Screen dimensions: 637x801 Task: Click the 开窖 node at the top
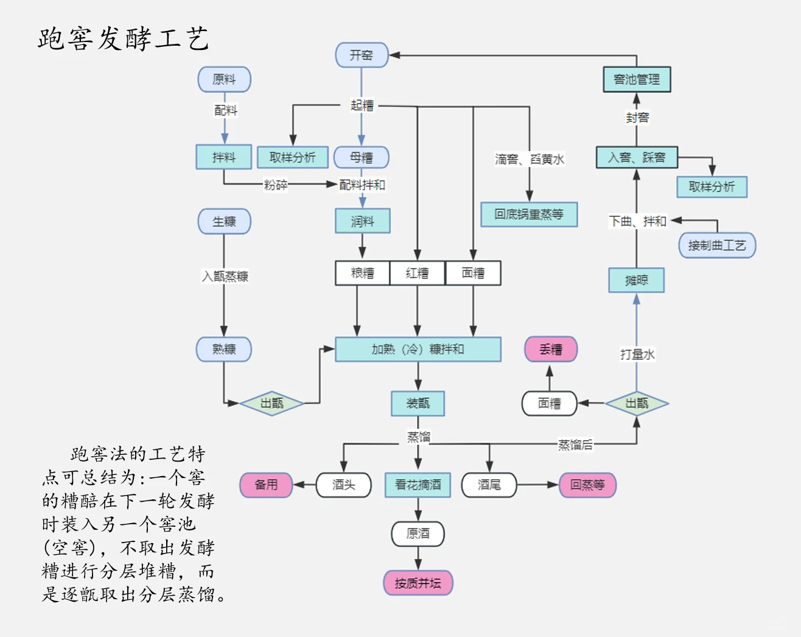point(362,55)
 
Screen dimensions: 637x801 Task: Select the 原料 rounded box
point(224,80)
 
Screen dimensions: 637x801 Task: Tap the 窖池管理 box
point(637,80)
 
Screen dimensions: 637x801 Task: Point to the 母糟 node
point(362,158)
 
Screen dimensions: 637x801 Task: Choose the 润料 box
point(362,221)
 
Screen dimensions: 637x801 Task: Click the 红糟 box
point(418,273)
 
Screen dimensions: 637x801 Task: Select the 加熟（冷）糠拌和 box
point(418,350)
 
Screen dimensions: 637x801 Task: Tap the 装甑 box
point(418,403)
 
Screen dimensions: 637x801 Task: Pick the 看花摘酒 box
point(418,485)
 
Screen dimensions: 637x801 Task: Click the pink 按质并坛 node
point(418,583)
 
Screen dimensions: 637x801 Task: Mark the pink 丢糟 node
point(551,350)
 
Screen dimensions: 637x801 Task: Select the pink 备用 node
point(266,485)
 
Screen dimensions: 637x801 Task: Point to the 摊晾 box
point(637,280)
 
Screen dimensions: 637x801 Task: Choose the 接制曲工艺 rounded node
point(717,245)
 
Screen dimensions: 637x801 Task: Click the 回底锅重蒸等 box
point(529,214)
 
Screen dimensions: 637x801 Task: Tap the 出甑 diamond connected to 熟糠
point(272,403)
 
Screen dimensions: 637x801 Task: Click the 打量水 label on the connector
point(637,354)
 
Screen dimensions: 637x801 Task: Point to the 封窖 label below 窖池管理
point(637,118)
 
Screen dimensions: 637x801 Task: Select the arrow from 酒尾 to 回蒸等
point(538,485)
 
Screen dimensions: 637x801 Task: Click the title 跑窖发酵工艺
point(124,39)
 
